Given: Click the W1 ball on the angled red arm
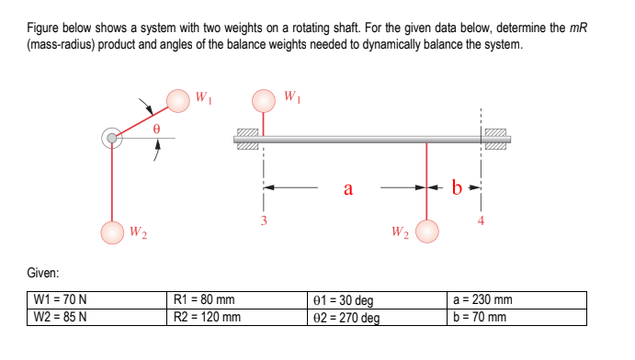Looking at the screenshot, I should (x=179, y=99).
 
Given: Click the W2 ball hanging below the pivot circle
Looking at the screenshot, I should (x=112, y=233).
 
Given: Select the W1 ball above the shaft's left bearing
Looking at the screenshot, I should (x=265, y=99).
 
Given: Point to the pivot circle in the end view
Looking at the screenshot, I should (x=112, y=139).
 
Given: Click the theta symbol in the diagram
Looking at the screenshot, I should (x=156, y=131).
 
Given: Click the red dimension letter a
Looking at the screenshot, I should (x=347, y=189).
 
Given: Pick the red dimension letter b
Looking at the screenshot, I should (x=457, y=189).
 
